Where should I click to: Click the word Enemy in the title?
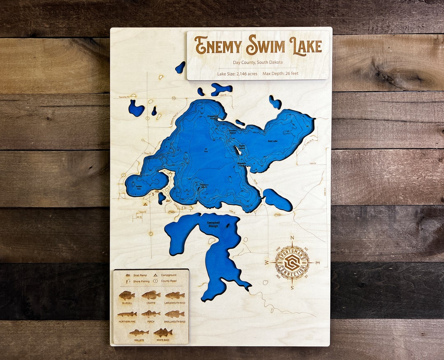tap(218, 46)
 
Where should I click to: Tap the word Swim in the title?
tap(265, 46)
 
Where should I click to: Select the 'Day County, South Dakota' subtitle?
tap(258, 63)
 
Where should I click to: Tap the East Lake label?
tap(273, 141)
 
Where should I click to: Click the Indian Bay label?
tap(139, 188)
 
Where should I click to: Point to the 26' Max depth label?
tap(206, 150)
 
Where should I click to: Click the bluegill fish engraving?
tap(127, 295)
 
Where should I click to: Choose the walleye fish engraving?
tap(139, 332)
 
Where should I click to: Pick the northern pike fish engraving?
tap(127, 314)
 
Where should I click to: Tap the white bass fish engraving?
tap(163, 332)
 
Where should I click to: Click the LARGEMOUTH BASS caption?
tap(175, 303)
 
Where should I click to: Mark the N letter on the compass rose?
tap(292, 238)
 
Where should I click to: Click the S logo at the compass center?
tap(292, 262)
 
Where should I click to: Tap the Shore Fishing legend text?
tap(141, 281)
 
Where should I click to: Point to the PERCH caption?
tap(151, 322)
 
